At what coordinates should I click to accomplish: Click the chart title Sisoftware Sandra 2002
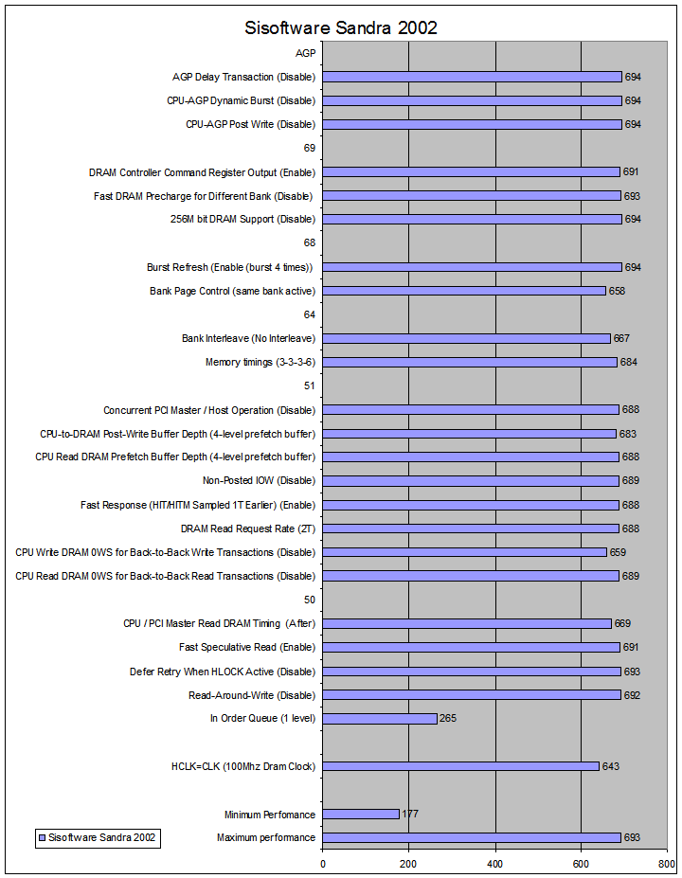pos(341,28)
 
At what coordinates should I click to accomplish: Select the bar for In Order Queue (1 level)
pos(380,719)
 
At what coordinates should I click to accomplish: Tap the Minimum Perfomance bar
pos(361,814)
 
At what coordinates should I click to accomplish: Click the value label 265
pos(448,719)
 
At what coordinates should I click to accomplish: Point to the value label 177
pos(410,814)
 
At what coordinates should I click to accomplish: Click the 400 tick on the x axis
pos(495,863)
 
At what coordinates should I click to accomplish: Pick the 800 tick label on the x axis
pos(667,863)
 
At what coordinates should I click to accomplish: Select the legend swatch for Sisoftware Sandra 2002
pos(42,837)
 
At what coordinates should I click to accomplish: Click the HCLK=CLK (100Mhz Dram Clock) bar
pos(461,766)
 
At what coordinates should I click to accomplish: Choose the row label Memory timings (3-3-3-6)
pos(260,362)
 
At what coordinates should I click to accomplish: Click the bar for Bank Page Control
pos(464,291)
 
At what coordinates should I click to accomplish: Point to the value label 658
pos(617,291)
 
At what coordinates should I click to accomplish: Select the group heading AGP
pos(305,53)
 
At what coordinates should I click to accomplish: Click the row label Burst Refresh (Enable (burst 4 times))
pos(230,267)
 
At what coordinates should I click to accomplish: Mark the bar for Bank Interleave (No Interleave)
pos(466,338)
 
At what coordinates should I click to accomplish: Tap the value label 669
pos(621,623)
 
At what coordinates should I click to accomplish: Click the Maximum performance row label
pos(266,837)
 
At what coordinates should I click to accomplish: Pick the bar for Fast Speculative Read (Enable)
pos(472,647)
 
